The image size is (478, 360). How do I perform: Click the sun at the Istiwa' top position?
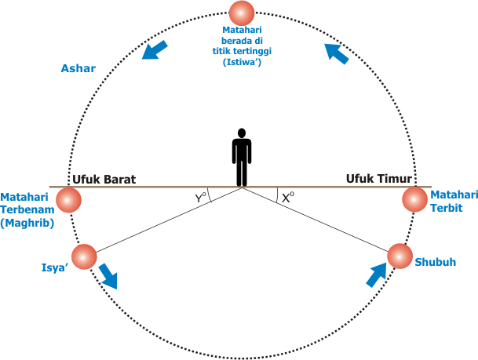tap(241, 13)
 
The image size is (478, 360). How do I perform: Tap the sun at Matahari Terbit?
tap(414, 199)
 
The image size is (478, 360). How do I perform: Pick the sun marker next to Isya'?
tap(83, 256)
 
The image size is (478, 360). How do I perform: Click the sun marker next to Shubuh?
tap(400, 256)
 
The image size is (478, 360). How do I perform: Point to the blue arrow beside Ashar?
tap(155, 50)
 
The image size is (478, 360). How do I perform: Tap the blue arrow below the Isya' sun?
tap(108, 276)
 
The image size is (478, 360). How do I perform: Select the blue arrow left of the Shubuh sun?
tap(377, 275)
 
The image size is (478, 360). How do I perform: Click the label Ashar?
tap(78, 69)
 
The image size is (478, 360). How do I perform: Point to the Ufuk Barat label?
tap(104, 179)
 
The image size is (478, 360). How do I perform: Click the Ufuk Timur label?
tap(380, 179)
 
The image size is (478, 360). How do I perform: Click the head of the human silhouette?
tap(242, 134)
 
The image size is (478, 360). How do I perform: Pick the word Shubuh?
tap(436, 262)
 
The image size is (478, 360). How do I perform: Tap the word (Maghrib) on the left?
tap(26, 224)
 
